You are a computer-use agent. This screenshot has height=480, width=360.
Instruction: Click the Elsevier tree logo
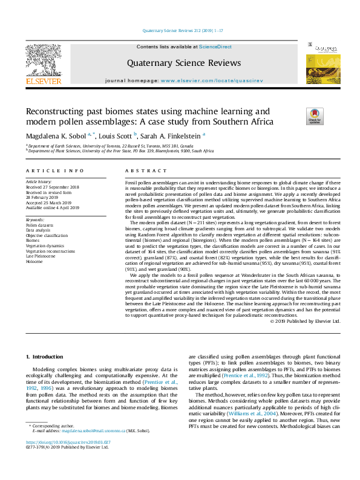point(43,60)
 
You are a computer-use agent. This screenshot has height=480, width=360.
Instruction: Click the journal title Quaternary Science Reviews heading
point(180,62)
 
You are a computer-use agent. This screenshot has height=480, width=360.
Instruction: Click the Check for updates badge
point(316,115)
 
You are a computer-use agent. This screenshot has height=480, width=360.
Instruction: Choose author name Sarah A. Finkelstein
point(173,136)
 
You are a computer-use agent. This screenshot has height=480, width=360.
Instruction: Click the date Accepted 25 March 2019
point(48,203)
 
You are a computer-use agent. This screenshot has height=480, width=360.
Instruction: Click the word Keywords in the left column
point(35,219)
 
